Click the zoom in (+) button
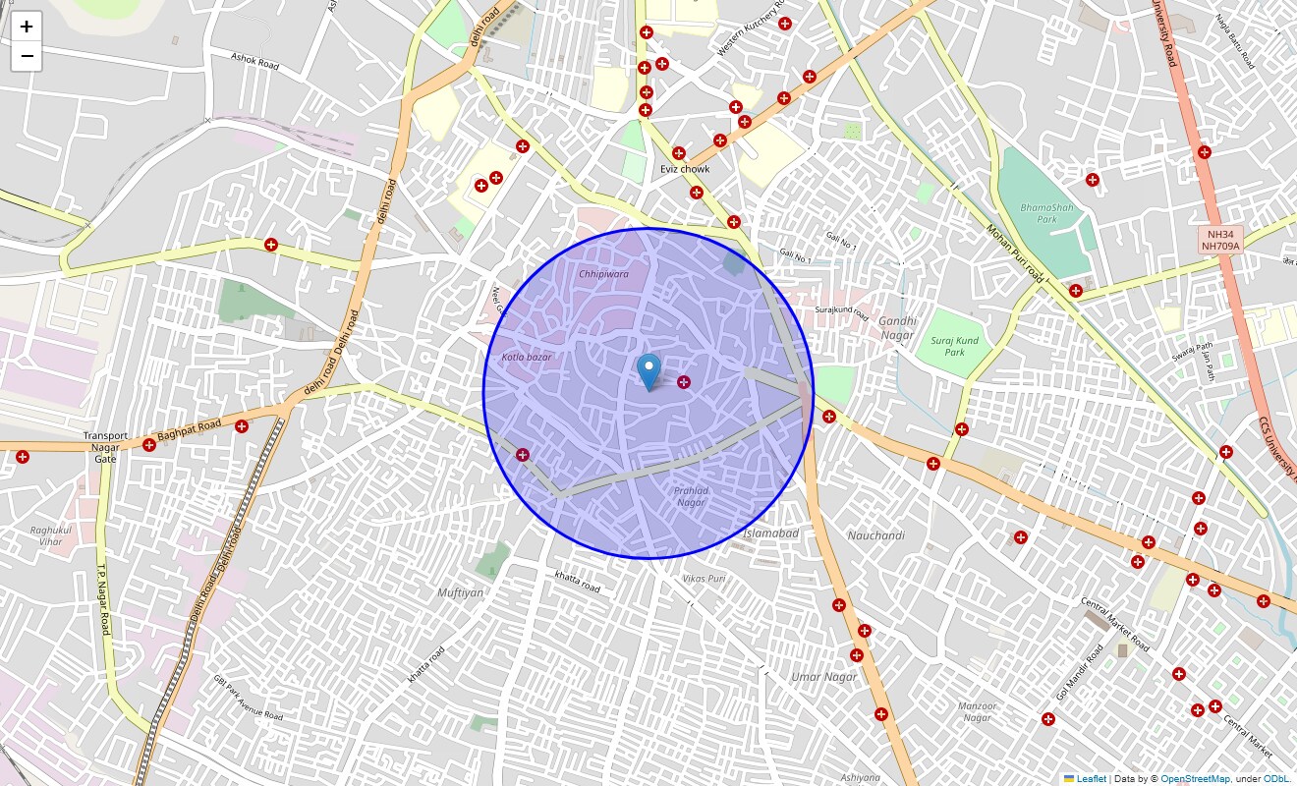pos(27,27)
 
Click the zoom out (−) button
pos(27,57)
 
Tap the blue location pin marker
pos(648,372)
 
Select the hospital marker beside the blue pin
pos(684,382)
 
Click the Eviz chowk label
pos(685,169)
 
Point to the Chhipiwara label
pos(603,274)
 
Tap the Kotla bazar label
pos(527,357)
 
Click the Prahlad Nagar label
pos(691,496)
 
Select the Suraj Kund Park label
pos(954,346)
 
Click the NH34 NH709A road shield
pos(1220,240)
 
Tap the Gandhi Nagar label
pos(897,328)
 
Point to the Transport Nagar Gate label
pos(105,447)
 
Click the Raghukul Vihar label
pos(47,535)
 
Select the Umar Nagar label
pos(824,677)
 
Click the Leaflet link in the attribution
pos(1091,779)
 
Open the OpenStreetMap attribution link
pos(1195,779)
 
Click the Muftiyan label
pos(461,592)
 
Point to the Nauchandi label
pos(875,535)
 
